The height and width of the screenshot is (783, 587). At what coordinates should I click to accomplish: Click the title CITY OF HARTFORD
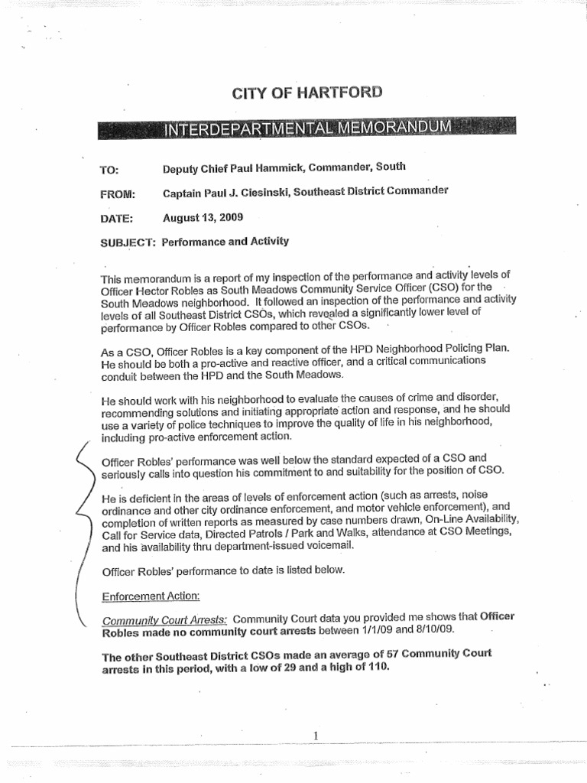[x=306, y=93]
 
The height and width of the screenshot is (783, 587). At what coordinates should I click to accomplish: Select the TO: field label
[x=112, y=169]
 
